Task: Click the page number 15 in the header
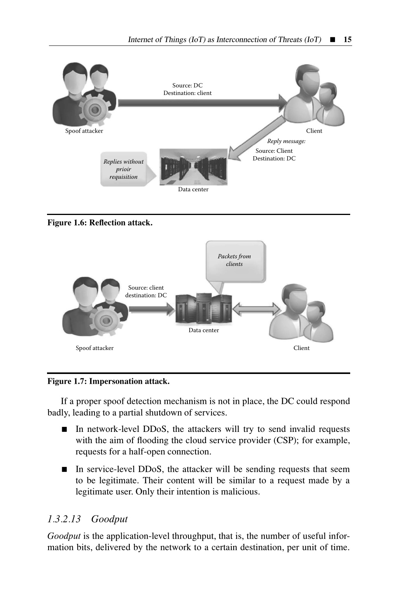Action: pyautogui.click(x=347, y=39)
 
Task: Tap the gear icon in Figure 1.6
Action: pyautogui.click(x=95, y=109)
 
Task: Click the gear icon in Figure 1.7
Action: pyautogui.click(x=106, y=320)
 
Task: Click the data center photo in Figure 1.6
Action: pyautogui.click(x=194, y=167)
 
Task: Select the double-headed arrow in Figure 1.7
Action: pyautogui.click(x=257, y=309)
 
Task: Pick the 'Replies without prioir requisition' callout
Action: pyautogui.click(x=126, y=169)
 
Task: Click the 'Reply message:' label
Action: pyautogui.click(x=286, y=141)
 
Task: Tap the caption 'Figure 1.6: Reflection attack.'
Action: pyautogui.click(x=100, y=223)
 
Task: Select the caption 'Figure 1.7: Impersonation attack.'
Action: pyautogui.click(x=108, y=381)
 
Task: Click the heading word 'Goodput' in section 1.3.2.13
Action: pyautogui.click(x=110, y=519)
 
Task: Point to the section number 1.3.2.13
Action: pyautogui.click(x=64, y=519)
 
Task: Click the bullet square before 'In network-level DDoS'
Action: pyautogui.click(x=64, y=429)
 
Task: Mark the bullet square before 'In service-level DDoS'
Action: pyautogui.click(x=64, y=469)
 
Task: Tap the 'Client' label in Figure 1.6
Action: pyautogui.click(x=314, y=131)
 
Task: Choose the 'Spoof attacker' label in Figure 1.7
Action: pyautogui.click(x=94, y=348)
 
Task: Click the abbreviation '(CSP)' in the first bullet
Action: pyautogui.click(x=285, y=440)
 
